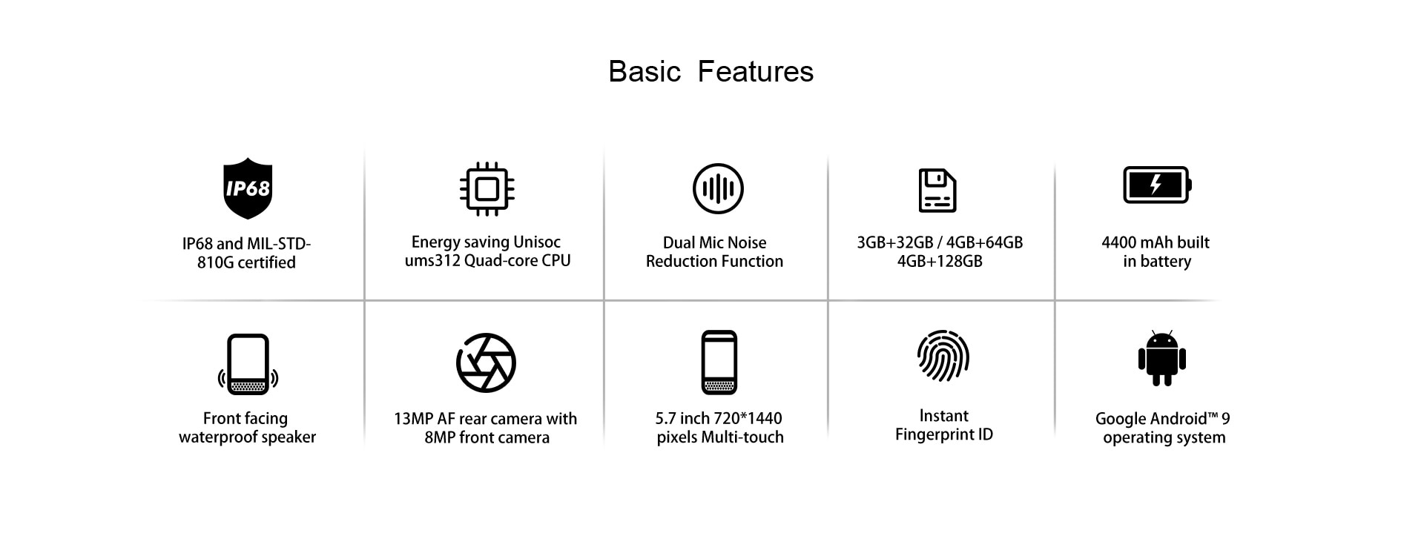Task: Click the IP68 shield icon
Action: (x=248, y=188)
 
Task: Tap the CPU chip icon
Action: (x=487, y=189)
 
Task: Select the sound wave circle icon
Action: (x=718, y=188)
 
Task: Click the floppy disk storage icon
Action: (x=937, y=191)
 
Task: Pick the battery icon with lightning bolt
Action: (x=1157, y=185)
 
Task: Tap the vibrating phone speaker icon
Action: (x=248, y=364)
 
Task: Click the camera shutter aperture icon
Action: (x=486, y=363)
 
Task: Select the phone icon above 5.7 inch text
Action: (x=719, y=363)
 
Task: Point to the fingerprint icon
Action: (x=943, y=356)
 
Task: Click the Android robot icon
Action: (x=1162, y=359)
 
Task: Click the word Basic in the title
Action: (x=645, y=72)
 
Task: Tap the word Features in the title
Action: (x=756, y=72)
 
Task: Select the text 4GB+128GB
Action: (x=940, y=261)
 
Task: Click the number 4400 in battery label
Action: (x=1120, y=242)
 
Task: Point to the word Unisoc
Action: (x=537, y=242)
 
